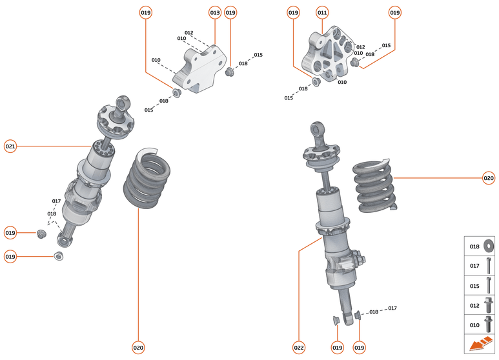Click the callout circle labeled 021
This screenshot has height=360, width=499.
[10, 146]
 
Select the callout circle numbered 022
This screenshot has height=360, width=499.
[299, 348]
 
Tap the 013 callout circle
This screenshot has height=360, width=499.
[215, 13]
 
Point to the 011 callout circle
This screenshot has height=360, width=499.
[322, 13]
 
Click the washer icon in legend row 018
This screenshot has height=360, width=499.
[488, 246]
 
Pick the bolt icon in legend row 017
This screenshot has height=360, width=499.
[488, 265]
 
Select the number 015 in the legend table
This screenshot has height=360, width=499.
[474, 285]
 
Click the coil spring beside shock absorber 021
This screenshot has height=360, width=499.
[148, 179]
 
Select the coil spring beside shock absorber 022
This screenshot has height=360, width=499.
[375, 185]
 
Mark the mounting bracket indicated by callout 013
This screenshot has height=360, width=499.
[200, 66]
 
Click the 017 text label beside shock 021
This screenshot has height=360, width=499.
[57, 201]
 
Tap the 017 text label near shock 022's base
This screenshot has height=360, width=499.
[392, 308]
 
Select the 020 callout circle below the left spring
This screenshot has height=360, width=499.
[138, 348]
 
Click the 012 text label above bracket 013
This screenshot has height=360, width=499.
[189, 32]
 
